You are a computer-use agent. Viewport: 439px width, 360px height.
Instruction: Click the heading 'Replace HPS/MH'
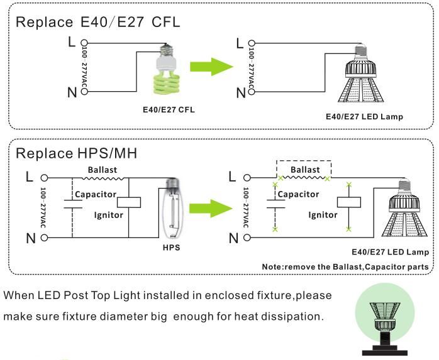pos(76,153)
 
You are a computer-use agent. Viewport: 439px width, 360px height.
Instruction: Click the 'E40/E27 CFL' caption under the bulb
pos(169,109)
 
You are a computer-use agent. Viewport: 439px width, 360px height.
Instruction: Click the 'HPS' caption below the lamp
pos(170,248)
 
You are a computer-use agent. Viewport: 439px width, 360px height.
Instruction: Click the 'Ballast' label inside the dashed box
pos(304,170)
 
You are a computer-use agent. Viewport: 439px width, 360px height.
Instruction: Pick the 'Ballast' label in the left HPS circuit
pos(102,170)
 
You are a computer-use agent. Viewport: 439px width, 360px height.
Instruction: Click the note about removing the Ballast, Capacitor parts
pos(345,267)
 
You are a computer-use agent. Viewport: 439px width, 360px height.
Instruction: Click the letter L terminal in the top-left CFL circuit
pos(71,42)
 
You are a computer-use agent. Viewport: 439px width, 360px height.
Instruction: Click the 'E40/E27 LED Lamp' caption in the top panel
pos(364,117)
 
